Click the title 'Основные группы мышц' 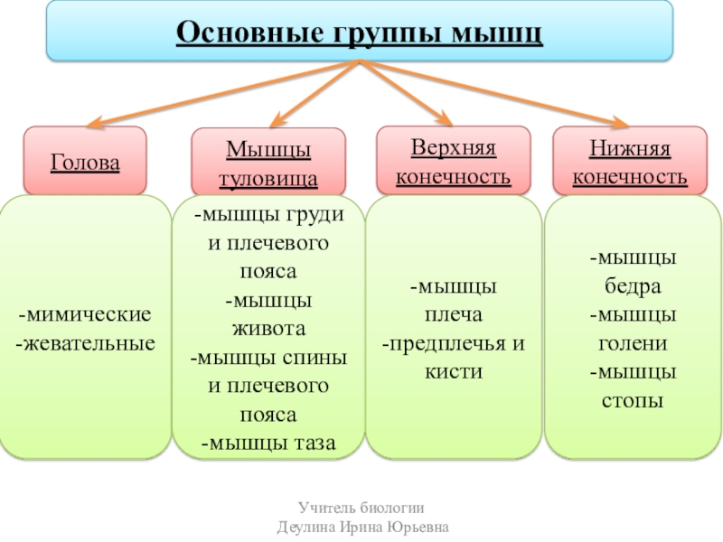click(x=360, y=33)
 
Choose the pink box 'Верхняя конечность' click(x=453, y=160)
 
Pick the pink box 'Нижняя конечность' click(x=630, y=160)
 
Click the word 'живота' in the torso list click(x=268, y=328)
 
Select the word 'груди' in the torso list click(x=317, y=216)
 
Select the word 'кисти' click(x=455, y=371)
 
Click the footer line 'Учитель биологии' click(x=361, y=509)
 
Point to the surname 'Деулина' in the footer click(x=305, y=527)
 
